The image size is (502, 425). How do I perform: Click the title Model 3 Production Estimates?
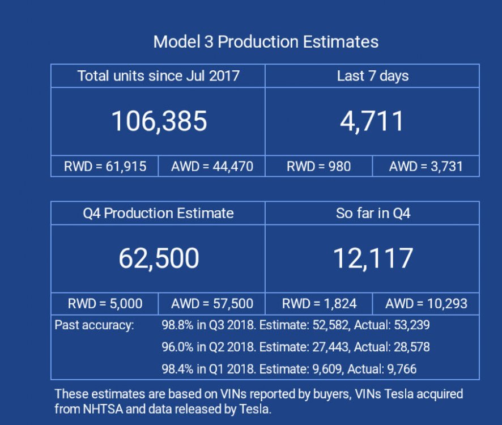[266, 41]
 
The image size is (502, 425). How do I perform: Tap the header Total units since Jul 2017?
[158, 76]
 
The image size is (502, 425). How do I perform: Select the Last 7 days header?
[372, 76]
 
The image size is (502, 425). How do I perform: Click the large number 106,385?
[159, 121]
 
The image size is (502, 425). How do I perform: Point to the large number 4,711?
[372, 121]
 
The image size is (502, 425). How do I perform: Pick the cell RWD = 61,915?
[105, 166]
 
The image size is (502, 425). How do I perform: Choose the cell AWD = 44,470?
[211, 166]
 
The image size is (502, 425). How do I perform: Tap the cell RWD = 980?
[318, 166]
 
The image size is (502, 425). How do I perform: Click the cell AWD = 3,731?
[426, 166]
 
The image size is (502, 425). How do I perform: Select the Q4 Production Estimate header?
[158, 213]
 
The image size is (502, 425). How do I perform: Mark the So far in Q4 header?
[372, 213]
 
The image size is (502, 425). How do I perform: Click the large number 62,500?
[159, 258]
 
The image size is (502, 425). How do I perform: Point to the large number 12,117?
[372, 258]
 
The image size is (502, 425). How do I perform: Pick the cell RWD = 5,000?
[105, 304]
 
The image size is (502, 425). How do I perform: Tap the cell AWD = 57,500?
[211, 304]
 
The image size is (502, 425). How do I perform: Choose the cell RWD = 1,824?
[318, 304]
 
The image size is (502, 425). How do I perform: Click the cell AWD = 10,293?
[426, 304]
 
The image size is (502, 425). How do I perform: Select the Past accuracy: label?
[94, 325]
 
